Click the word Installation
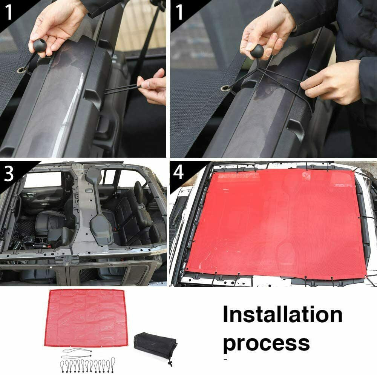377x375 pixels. [x=282, y=315]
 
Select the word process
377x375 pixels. [x=266, y=343]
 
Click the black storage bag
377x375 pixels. [x=155, y=346]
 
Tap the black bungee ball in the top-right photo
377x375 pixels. [x=257, y=51]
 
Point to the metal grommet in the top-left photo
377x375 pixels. [x=20, y=71]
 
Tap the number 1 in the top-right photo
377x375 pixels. [x=179, y=12]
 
